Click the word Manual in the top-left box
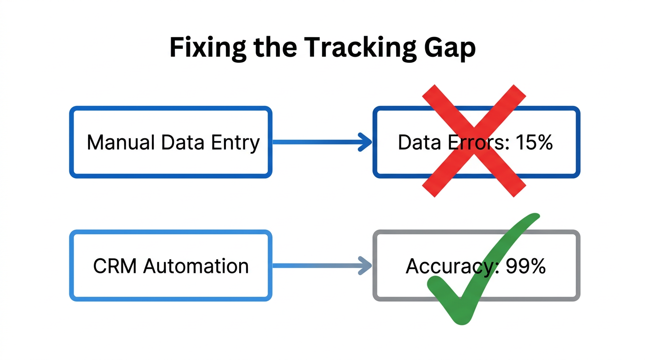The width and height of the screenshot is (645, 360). point(120,142)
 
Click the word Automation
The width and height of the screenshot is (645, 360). point(196,266)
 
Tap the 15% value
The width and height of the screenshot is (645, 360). point(534,142)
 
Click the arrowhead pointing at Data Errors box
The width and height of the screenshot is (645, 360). point(365,142)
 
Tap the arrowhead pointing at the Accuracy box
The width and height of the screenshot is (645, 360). point(365,265)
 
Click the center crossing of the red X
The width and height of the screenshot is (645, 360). point(474,141)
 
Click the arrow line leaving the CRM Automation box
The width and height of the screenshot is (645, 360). point(314,265)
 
